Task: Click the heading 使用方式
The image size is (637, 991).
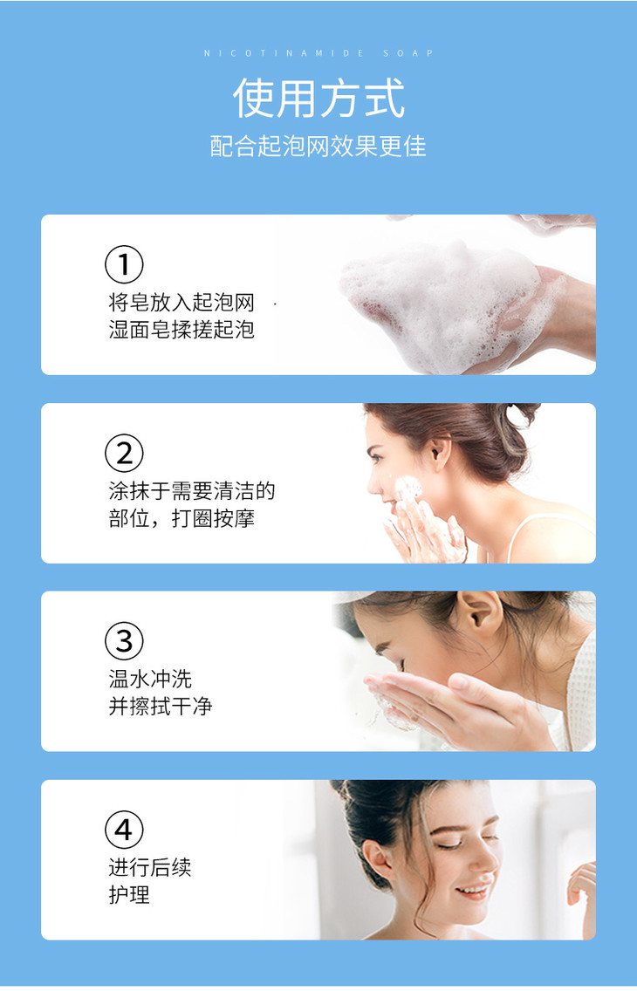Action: [x=318, y=98]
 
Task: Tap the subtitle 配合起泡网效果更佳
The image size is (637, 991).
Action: [x=318, y=146]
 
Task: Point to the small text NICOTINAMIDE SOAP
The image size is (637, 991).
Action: [x=318, y=53]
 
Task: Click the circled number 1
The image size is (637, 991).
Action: [x=124, y=264]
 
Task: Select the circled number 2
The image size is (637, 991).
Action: [x=124, y=453]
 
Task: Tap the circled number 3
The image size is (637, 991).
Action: [x=124, y=641]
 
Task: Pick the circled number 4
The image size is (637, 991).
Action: [x=124, y=830]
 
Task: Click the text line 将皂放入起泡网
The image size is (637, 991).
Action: [x=182, y=302]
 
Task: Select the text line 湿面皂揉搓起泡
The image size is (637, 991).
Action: [x=182, y=329]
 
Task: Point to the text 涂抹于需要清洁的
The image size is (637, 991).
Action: [x=192, y=490]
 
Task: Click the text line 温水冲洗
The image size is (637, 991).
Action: [x=150, y=679]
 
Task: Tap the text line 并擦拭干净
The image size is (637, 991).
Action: [x=161, y=706]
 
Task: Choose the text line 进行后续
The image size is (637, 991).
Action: [x=150, y=867]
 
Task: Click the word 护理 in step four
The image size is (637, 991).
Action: [x=129, y=894]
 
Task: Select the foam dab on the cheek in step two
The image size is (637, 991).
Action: [x=408, y=489]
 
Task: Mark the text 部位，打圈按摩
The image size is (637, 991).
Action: [x=182, y=518]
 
